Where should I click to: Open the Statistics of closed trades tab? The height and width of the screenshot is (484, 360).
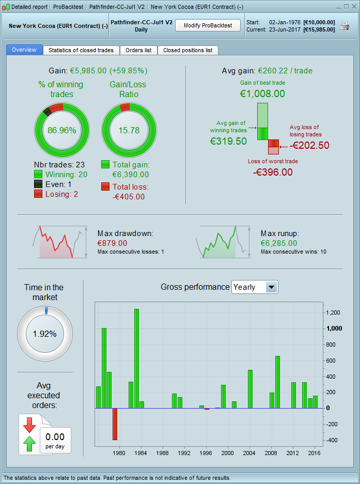pos(82,50)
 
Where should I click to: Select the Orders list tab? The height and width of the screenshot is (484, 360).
pos(138,50)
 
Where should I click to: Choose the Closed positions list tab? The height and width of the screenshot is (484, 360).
pos(187,50)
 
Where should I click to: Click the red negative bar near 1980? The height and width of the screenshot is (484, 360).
pos(115,424)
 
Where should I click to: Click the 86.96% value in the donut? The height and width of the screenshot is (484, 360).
pos(62,130)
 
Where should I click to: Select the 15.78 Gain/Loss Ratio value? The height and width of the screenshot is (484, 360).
pos(129,130)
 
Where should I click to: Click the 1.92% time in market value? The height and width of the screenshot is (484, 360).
pos(44,334)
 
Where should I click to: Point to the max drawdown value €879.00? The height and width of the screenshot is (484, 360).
pos(112,243)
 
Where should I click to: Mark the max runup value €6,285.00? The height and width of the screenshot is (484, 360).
pos(279,243)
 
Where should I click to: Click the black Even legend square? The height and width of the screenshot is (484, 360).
pos(38,184)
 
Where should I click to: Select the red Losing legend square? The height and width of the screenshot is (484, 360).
pos(38,194)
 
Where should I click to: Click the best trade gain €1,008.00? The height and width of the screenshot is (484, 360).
pos(262,93)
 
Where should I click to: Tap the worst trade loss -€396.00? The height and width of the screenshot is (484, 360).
pos(273,171)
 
